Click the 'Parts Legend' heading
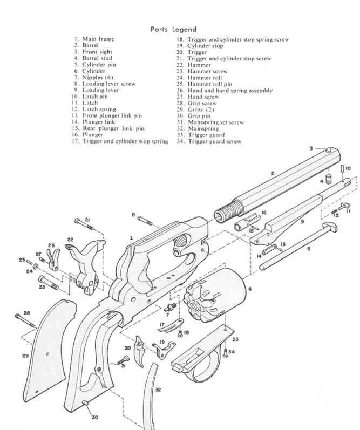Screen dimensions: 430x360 point(173,29)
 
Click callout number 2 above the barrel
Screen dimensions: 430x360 point(273,173)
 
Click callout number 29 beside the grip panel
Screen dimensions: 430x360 point(25,356)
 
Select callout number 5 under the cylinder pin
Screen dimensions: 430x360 point(308,249)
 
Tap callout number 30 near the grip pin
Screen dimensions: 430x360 point(95,417)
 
